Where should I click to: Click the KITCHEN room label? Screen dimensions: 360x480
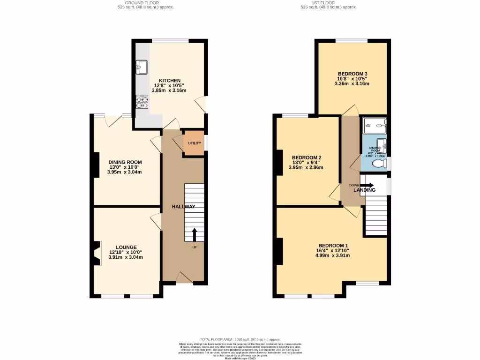coord(169,80)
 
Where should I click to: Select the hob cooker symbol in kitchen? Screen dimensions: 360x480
coord(142,102)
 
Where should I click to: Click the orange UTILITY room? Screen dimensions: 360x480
coord(194,143)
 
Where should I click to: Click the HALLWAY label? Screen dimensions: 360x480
coord(183,207)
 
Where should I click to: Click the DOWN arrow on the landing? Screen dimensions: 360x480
coord(367,185)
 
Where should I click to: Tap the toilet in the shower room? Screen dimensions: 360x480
coord(378,164)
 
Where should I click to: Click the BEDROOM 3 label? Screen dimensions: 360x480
coord(352,74)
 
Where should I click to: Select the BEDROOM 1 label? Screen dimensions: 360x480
coord(333,246)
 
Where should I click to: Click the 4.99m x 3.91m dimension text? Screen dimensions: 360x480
coord(333,255)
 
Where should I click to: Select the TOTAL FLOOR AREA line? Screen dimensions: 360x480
coord(240,339)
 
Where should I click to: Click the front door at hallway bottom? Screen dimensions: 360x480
coord(184,278)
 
